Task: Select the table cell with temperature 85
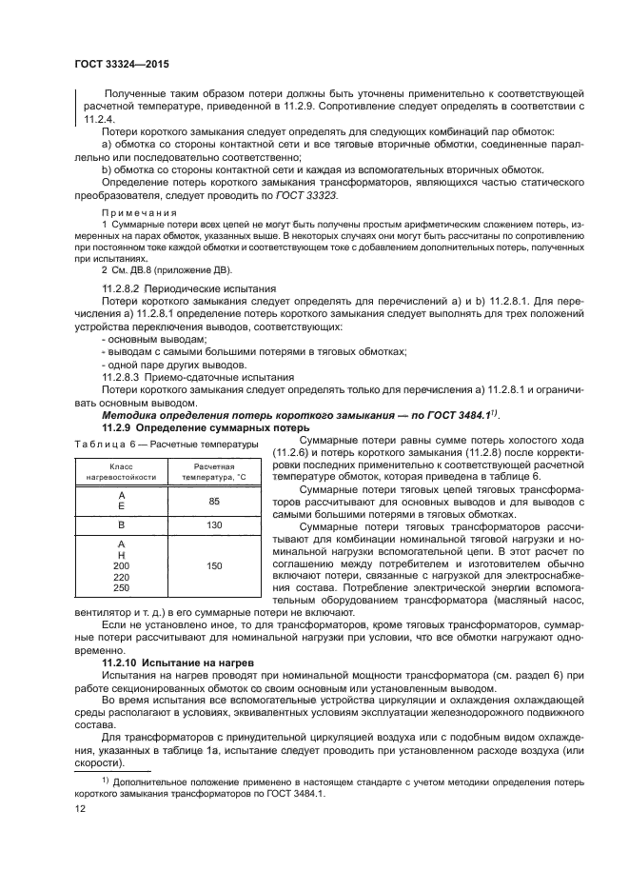coord(214,501)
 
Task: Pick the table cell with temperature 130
coord(214,524)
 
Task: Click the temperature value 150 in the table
coord(214,566)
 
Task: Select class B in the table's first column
coord(121,524)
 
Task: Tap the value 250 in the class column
coord(121,588)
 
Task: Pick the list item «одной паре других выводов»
coord(168,365)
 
